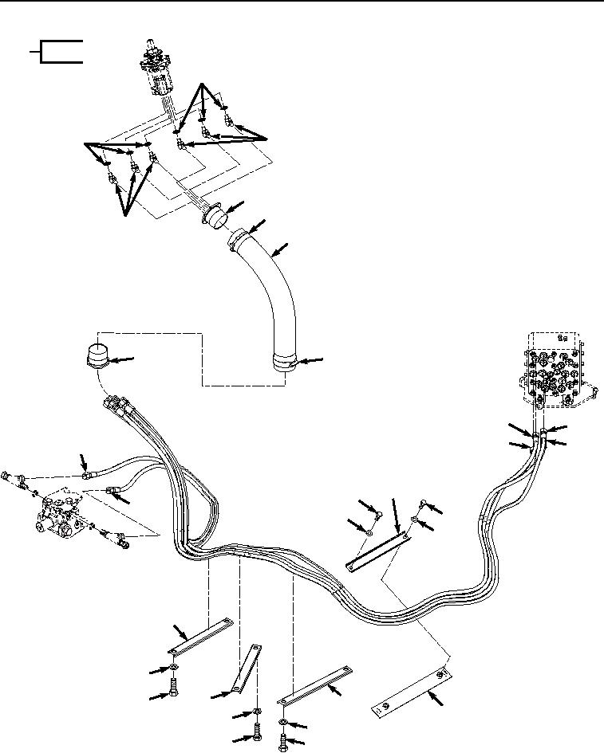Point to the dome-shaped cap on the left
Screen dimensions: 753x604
(98, 356)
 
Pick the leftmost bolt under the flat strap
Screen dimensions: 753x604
(174, 685)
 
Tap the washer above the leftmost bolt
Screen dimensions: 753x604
(173, 667)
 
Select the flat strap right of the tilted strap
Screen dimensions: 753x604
(315, 686)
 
